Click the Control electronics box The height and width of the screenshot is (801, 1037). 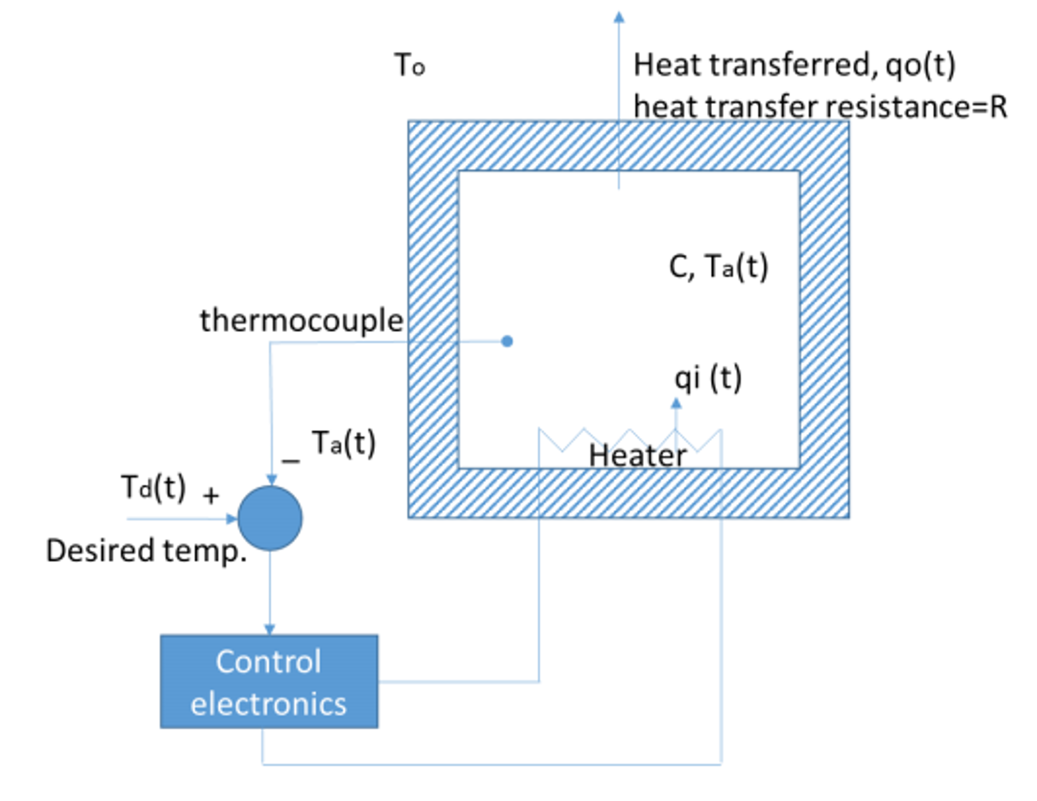pyautogui.click(x=269, y=681)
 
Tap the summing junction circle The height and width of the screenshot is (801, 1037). pyautogui.click(x=270, y=518)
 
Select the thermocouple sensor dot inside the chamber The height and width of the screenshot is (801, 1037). pyautogui.click(x=507, y=341)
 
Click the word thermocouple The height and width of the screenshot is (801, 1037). pyautogui.click(x=302, y=321)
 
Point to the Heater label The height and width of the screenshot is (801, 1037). pyautogui.click(x=637, y=455)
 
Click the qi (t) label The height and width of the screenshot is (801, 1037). pyautogui.click(x=708, y=378)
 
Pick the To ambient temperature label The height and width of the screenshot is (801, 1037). pyautogui.click(x=410, y=65)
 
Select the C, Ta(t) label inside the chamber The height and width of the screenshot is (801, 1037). pyautogui.click(x=718, y=266)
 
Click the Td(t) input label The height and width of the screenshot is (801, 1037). pyautogui.click(x=154, y=487)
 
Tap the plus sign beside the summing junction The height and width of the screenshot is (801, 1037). pyautogui.click(x=211, y=495)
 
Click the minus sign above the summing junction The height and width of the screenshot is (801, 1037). pyautogui.click(x=291, y=461)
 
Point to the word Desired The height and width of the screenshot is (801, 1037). pyautogui.click(x=99, y=551)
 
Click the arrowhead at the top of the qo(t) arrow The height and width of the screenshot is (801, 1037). pyautogui.click(x=619, y=17)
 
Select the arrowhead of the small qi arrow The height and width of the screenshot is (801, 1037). pyautogui.click(x=676, y=403)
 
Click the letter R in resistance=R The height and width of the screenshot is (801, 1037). pyautogui.click(x=998, y=107)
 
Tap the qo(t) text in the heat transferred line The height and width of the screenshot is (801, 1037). pyautogui.click(x=919, y=65)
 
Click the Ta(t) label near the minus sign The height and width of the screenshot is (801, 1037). pyautogui.click(x=344, y=443)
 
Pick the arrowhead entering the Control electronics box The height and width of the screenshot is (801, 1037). pyautogui.click(x=270, y=629)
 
